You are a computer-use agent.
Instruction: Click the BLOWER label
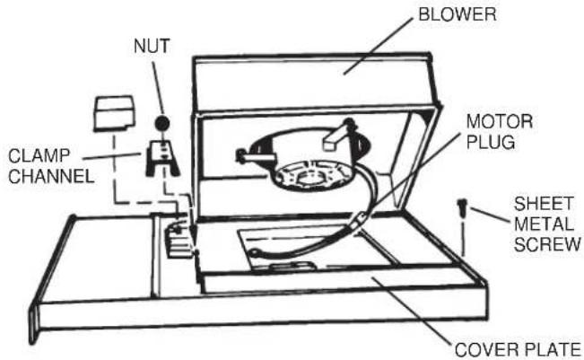pos(457,15)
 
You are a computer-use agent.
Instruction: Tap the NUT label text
pos(152,46)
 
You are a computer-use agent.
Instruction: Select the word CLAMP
pos(39,156)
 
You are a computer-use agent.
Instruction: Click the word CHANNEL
pos(51,176)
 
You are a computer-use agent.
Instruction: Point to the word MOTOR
pos(500,121)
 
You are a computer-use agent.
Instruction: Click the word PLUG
pos(491,142)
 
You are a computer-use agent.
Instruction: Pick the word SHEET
pos(544,204)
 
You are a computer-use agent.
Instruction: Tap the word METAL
pos(544,224)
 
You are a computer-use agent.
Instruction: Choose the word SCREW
pos(547,245)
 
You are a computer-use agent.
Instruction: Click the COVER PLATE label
pos(519,350)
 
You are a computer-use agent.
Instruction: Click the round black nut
pos(162,123)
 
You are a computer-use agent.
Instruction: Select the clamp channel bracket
pos(162,158)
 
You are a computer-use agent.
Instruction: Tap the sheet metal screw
pos(462,207)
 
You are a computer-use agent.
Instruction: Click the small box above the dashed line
pos(114,113)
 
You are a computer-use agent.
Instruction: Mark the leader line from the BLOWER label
pos(378,46)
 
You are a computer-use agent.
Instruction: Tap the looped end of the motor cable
pos(255,253)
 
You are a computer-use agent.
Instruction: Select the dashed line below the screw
pos(463,239)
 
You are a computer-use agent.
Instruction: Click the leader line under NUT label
pos(158,88)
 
